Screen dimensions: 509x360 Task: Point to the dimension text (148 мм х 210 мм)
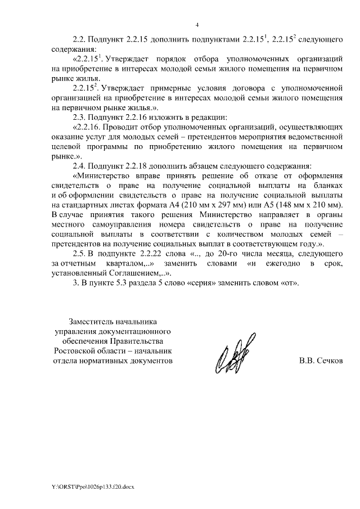coord(308,205)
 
